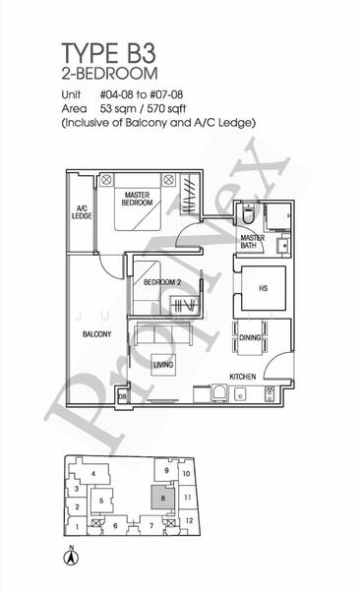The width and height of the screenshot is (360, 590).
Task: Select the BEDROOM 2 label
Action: (x=162, y=282)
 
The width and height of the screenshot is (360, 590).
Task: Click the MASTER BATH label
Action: (x=254, y=242)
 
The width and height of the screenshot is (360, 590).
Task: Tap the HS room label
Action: (x=263, y=288)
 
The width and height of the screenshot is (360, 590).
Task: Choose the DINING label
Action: (x=249, y=338)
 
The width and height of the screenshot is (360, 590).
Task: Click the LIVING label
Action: (x=163, y=366)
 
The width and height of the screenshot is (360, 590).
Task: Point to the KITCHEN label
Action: (x=244, y=377)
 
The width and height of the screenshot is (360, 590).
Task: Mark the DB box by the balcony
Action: (x=122, y=395)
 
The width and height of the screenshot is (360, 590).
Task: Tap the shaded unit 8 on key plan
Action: (x=160, y=498)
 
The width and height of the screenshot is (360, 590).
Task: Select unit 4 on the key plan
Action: (x=93, y=474)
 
